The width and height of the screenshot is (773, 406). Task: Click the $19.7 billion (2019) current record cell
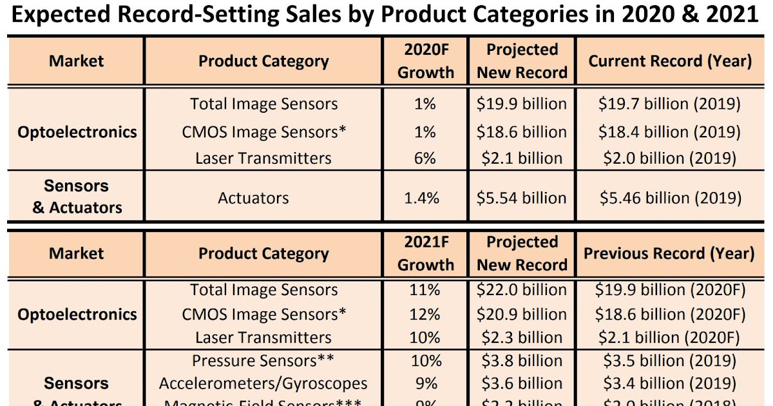[x=669, y=104]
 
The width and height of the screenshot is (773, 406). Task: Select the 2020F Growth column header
[x=425, y=61]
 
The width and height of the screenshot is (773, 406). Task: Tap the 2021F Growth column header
[x=425, y=253]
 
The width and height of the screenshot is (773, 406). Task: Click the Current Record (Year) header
[x=670, y=61]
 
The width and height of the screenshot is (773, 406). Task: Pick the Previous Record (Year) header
[x=669, y=253]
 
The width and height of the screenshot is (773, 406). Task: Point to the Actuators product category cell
[x=253, y=198]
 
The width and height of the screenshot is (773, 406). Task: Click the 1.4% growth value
[x=422, y=198]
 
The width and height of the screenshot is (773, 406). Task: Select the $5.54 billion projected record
[x=522, y=198]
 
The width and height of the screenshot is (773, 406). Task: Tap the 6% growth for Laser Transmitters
[x=425, y=158]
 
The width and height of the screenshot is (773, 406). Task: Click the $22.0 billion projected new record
[x=522, y=290]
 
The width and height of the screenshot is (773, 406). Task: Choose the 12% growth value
[x=425, y=314]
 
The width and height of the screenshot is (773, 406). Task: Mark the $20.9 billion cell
[x=522, y=314]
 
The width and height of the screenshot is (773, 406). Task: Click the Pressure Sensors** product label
[x=263, y=360]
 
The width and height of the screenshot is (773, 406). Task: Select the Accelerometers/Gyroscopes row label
[x=263, y=383]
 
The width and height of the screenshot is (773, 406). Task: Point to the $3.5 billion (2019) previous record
[x=669, y=360]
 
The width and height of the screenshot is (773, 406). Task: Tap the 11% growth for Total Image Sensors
[x=425, y=290]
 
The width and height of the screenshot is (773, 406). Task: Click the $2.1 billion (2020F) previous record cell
[x=669, y=337]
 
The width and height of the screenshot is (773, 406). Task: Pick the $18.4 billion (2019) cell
[x=669, y=132]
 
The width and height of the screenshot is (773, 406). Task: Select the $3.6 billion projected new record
[x=522, y=383]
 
